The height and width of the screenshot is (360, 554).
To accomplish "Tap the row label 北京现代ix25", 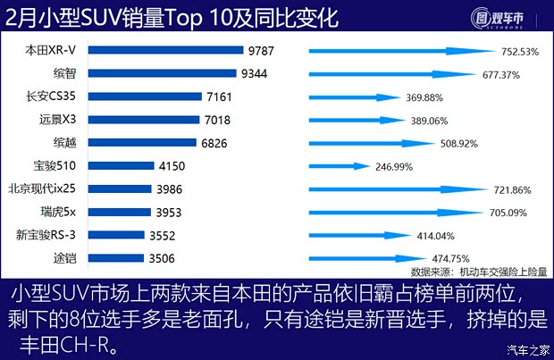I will pyautogui.click(x=46, y=189).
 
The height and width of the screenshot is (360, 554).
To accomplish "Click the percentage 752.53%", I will pyautogui.click(x=520, y=52).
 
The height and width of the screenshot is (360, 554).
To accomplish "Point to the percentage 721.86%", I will pyautogui.click(x=513, y=190).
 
